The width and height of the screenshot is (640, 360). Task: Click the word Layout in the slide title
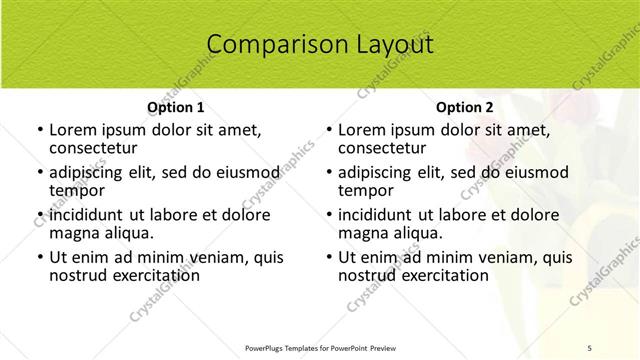pyautogui.click(x=394, y=44)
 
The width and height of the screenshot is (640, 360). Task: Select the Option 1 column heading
pyautogui.click(x=176, y=106)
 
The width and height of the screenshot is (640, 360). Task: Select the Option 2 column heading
pyautogui.click(x=465, y=106)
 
